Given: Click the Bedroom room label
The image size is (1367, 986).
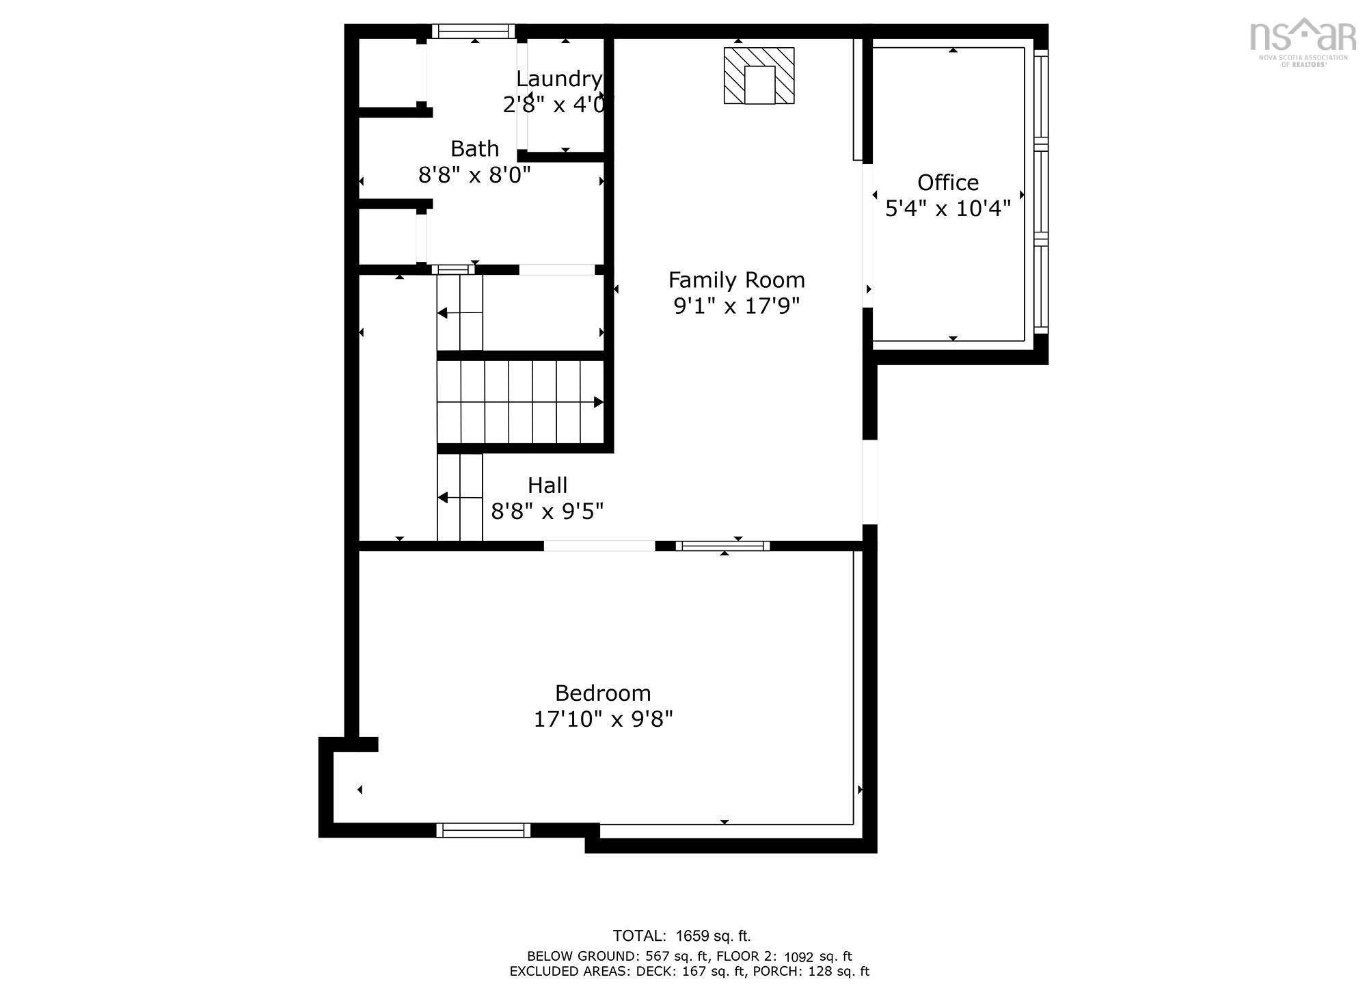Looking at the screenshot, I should [x=602, y=693].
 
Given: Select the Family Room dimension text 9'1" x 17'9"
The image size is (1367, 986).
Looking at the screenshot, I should [x=736, y=306].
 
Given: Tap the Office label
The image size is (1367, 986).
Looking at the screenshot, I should [x=947, y=183].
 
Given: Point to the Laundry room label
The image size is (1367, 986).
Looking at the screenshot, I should [x=558, y=79].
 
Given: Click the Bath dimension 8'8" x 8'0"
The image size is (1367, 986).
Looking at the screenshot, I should [x=474, y=175].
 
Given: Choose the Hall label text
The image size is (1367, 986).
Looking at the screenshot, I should [x=547, y=485].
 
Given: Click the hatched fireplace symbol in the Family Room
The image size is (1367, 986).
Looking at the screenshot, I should [x=759, y=76].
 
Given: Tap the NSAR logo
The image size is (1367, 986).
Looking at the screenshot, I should [x=1303, y=41].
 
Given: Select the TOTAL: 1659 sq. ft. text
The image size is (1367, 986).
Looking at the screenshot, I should [x=681, y=936].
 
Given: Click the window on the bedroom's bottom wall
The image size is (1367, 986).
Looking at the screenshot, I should [x=483, y=830].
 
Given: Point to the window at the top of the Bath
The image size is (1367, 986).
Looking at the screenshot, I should [x=472, y=31].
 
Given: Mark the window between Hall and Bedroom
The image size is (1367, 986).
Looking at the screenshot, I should [x=722, y=546].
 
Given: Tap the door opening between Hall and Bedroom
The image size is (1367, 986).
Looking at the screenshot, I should [x=599, y=546].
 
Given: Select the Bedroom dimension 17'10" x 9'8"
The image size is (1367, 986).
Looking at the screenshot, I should [x=603, y=719].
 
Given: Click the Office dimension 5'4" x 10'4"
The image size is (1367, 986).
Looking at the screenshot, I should [x=947, y=209].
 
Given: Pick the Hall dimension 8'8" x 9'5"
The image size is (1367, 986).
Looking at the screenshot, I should [x=547, y=511].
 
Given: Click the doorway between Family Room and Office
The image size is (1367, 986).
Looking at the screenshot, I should [x=868, y=236].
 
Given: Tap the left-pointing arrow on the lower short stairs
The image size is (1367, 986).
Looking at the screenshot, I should [x=444, y=498].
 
